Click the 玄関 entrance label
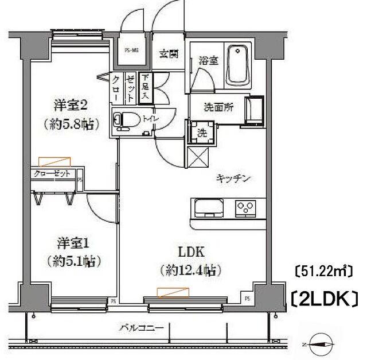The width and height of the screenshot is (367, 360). tap(168, 56)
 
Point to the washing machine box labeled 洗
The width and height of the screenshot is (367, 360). tap(202, 131)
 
